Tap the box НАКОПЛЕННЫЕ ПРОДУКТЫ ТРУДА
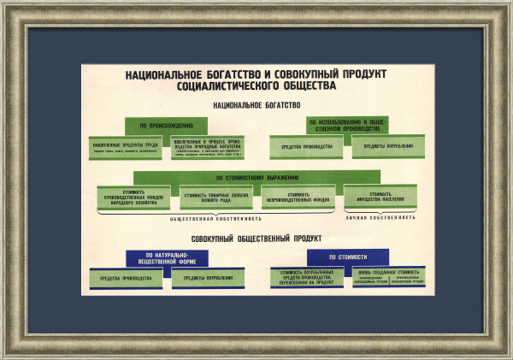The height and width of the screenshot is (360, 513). tap(126, 148)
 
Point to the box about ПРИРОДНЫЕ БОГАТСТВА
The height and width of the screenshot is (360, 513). tap(208, 148)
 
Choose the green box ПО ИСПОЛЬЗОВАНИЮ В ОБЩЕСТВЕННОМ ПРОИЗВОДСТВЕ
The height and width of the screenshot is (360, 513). tap(348, 125)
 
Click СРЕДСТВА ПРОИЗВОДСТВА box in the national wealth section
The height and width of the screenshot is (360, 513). tap(306, 147)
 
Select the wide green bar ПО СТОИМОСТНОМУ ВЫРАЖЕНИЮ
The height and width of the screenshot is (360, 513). tap(256, 178)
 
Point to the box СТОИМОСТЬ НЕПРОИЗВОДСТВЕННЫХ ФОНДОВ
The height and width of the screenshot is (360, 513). tap(298, 197)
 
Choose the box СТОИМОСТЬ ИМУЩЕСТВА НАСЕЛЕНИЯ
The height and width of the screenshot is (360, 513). tap(380, 196)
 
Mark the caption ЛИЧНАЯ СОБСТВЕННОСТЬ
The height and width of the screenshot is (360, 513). tap(380, 218)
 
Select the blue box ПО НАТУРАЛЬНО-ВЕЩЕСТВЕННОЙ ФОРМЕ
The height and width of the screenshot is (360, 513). tap(167, 258)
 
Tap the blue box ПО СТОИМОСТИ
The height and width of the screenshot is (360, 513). tap(348, 257)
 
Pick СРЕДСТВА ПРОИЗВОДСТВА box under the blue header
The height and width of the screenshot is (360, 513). tap(126, 279)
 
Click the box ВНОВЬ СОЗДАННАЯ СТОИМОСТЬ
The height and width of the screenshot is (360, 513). tap(388, 276)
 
